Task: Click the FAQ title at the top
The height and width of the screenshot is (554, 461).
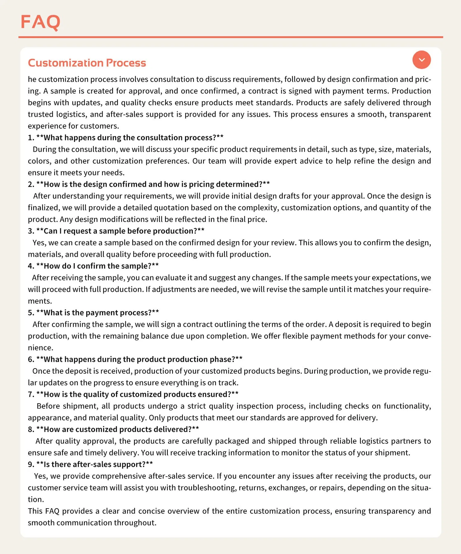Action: point(40,22)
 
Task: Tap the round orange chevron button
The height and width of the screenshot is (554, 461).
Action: point(421,60)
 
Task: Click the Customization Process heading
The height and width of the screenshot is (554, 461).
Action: point(87,63)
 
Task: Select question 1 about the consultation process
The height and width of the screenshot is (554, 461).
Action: point(125,138)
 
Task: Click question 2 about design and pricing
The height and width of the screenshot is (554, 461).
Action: point(149,184)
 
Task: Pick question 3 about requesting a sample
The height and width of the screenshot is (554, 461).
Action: point(116,231)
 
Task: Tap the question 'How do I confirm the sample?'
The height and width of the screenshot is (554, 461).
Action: point(93,266)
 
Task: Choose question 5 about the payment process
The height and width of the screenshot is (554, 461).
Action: point(93,313)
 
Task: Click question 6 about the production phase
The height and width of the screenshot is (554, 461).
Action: point(135,359)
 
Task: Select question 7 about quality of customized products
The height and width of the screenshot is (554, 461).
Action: point(133,394)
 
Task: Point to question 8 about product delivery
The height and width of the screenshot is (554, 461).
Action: point(113,429)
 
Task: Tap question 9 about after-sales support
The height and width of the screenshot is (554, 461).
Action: point(90,464)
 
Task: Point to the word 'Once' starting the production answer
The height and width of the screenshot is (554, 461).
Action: point(41,371)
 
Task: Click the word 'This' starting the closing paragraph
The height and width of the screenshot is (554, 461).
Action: point(35,511)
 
